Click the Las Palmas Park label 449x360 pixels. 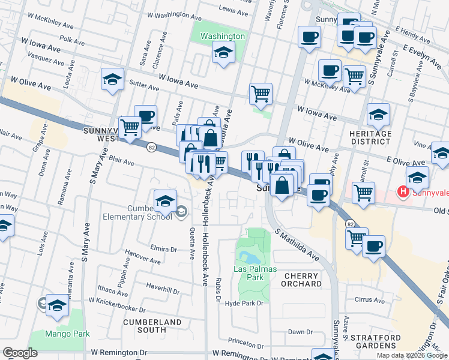[x=255, y=274]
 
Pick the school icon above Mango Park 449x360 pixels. [x=58, y=305]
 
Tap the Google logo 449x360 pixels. [x=20, y=353]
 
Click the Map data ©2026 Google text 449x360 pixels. [x=412, y=355]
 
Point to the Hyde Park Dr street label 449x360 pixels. [x=244, y=304]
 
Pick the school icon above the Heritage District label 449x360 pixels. [x=379, y=114]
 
